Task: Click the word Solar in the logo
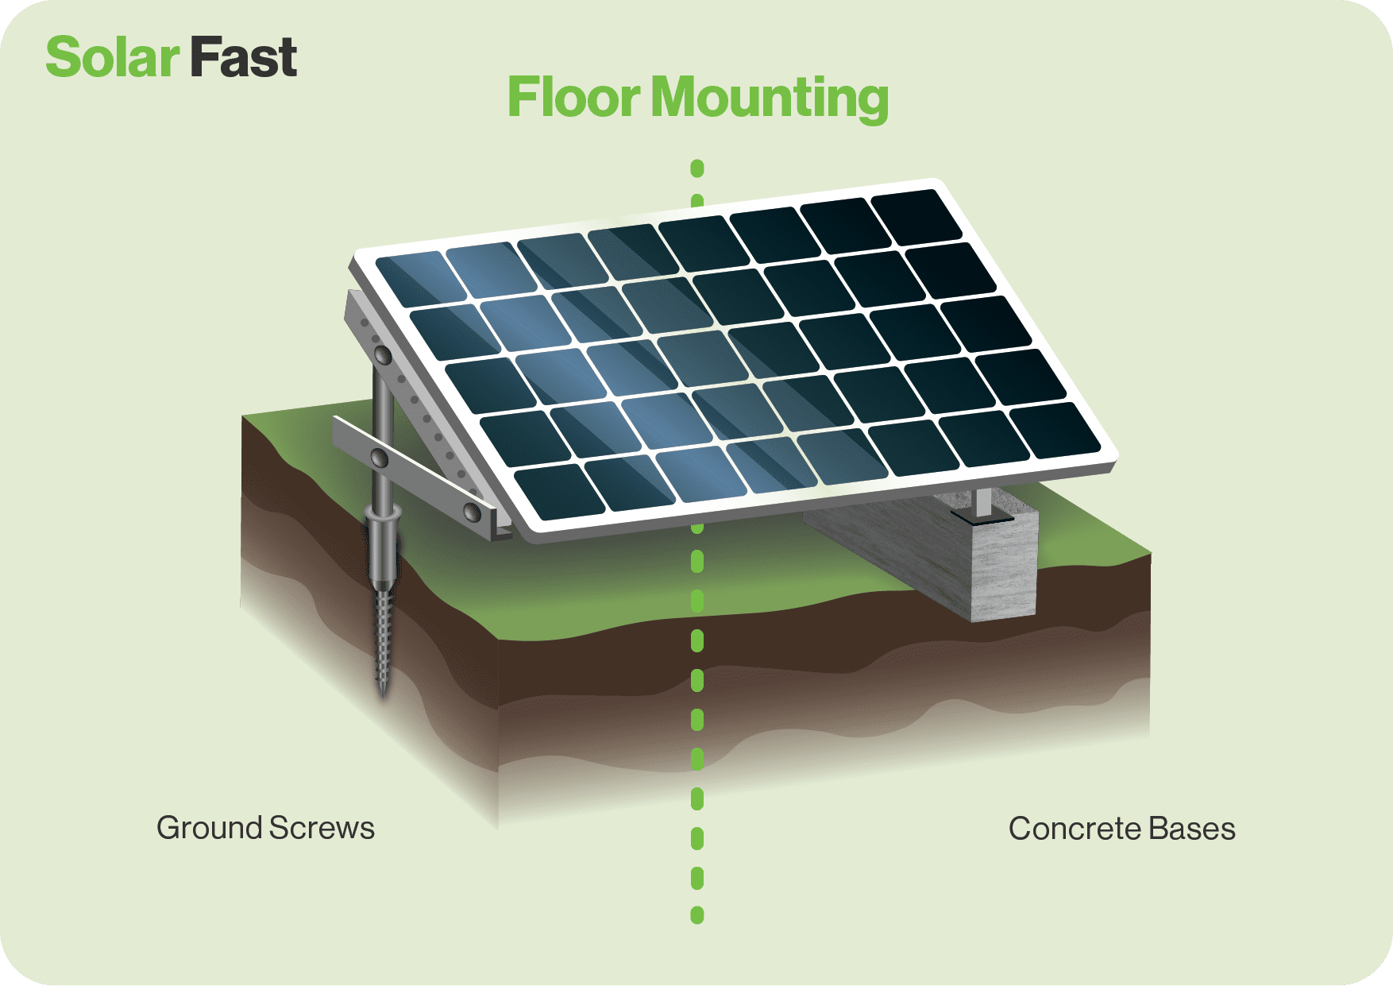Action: click(112, 58)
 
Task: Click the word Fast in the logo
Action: click(243, 58)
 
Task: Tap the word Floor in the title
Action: click(573, 98)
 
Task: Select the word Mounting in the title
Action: click(769, 99)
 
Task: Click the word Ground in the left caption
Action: click(209, 828)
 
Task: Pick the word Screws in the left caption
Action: click(322, 828)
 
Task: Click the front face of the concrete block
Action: click(1004, 568)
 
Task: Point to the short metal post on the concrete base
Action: click(983, 502)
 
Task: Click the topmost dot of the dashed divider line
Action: click(697, 168)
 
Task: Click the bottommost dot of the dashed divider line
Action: click(697, 915)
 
